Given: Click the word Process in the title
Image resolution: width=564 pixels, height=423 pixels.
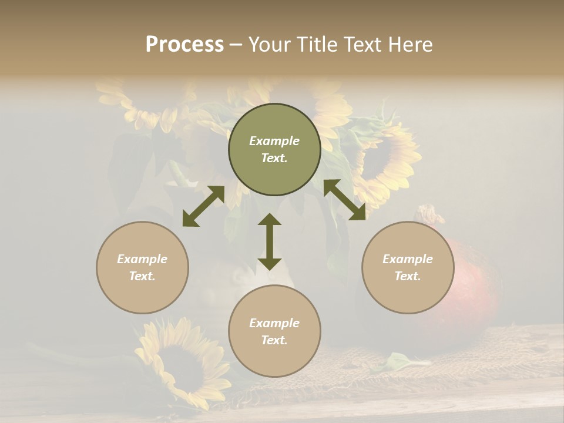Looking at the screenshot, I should (x=184, y=45).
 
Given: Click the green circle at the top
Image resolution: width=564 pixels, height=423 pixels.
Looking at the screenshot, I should (x=274, y=150).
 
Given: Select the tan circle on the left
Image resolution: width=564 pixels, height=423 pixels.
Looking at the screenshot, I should (x=142, y=267).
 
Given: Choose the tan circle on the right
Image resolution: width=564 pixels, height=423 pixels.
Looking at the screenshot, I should (x=408, y=267).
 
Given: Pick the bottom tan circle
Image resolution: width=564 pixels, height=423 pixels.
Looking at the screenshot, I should (x=274, y=331).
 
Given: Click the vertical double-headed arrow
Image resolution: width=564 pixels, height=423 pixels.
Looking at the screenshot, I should (x=270, y=241).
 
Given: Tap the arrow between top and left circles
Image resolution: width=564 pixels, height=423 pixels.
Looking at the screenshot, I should (x=203, y=206).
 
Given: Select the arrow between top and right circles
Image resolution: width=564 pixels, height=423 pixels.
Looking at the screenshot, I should (x=345, y=200).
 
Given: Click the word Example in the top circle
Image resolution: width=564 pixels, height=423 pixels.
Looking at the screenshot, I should (x=274, y=141).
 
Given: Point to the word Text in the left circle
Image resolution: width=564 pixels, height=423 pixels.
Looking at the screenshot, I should (x=142, y=276).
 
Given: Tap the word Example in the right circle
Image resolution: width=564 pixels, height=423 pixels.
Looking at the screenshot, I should (x=408, y=259).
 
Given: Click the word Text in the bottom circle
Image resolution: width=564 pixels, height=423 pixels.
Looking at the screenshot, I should (x=274, y=340).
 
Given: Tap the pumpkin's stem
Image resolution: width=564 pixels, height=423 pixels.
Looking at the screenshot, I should (x=431, y=214).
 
